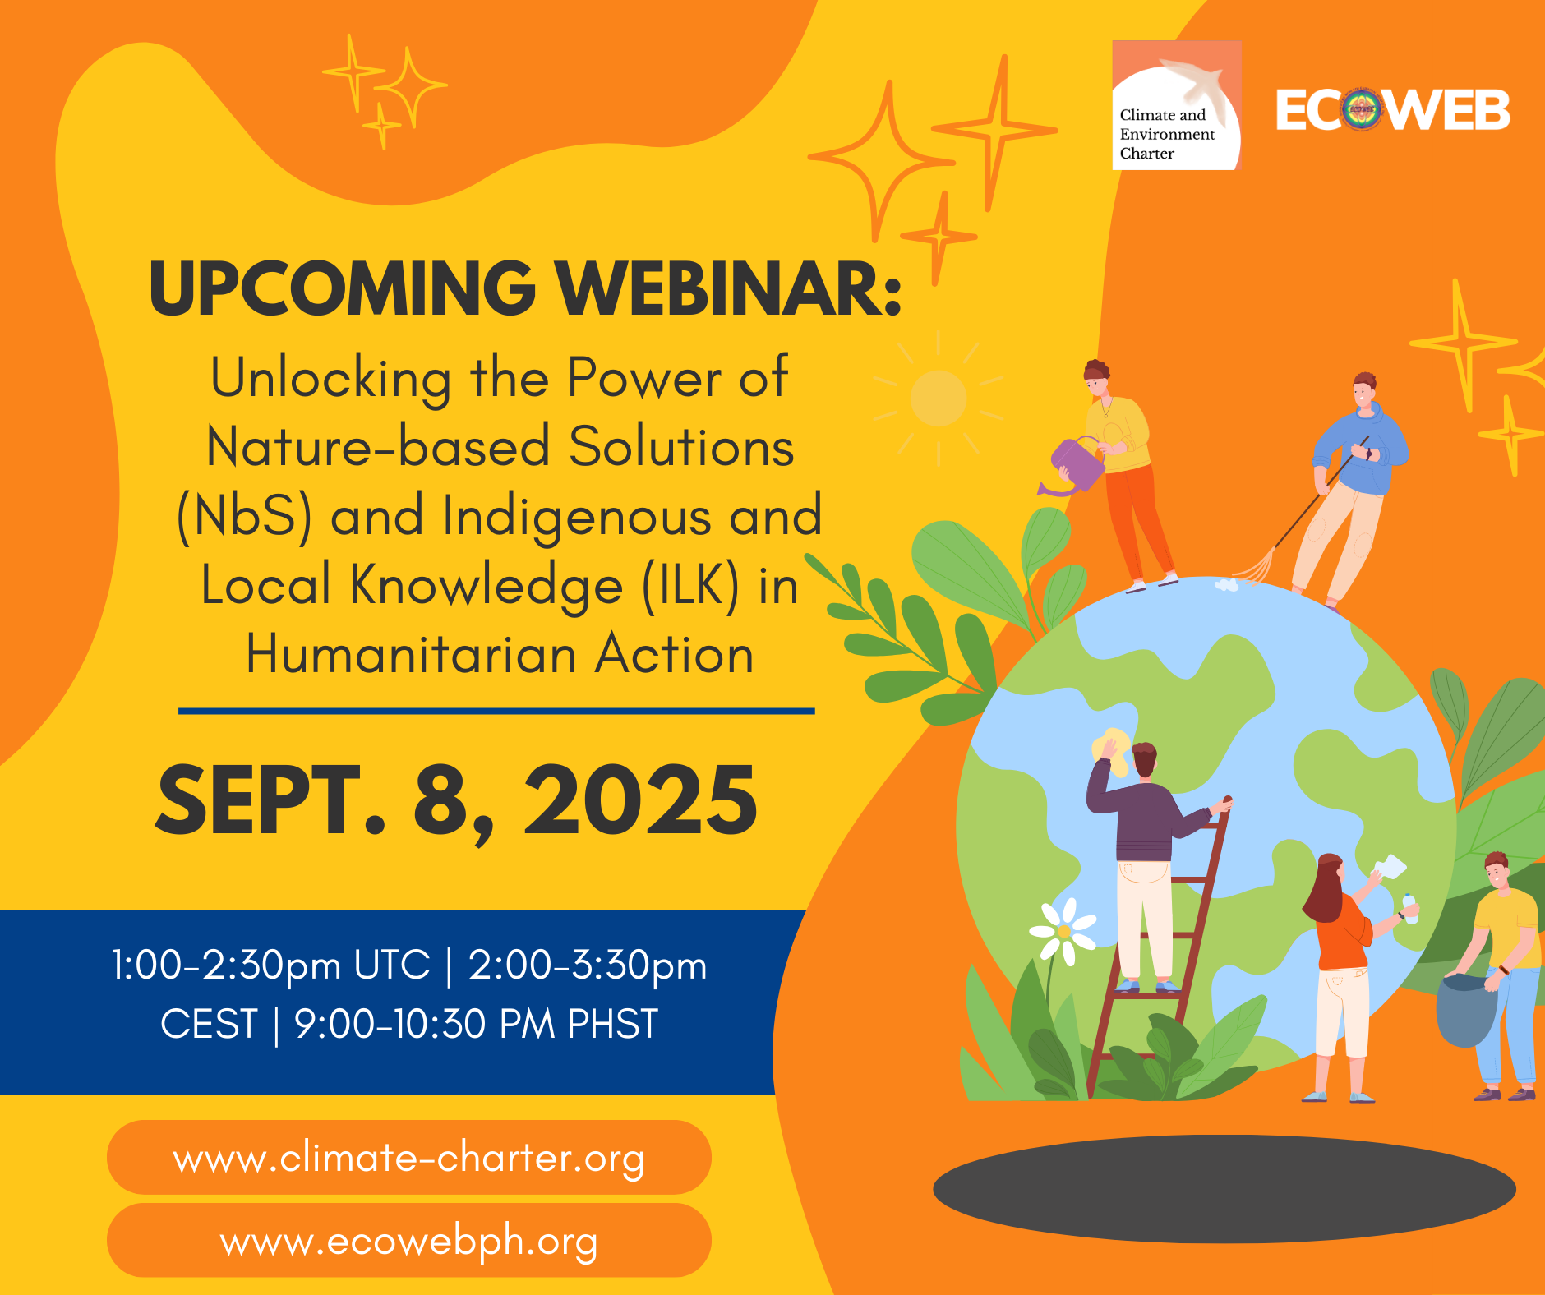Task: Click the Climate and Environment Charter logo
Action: click(x=1176, y=106)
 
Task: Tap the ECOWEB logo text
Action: click(x=1393, y=110)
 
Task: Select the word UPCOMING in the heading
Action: click(x=342, y=289)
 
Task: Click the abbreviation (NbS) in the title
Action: click(x=245, y=517)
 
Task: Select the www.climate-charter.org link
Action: click(x=408, y=1158)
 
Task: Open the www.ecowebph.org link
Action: click(x=408, y=1241)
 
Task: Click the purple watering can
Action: click(x=1075, y=467)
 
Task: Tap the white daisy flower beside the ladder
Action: click(x=1063, y=931)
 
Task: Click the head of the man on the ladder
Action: click(x=1144, y=758)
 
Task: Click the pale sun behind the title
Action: click(x=939, y=399)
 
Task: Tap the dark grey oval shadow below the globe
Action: click(x=1224, y=1188)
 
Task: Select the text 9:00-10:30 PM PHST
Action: click(x=476, y=1025)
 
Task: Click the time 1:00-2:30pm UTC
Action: click(x=270, y=965)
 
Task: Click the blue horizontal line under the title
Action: click(x=496, y=711)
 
